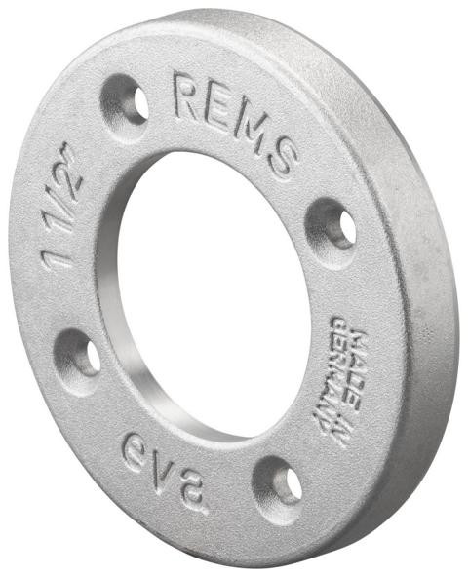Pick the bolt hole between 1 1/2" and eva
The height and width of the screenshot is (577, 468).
click(78, 356)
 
